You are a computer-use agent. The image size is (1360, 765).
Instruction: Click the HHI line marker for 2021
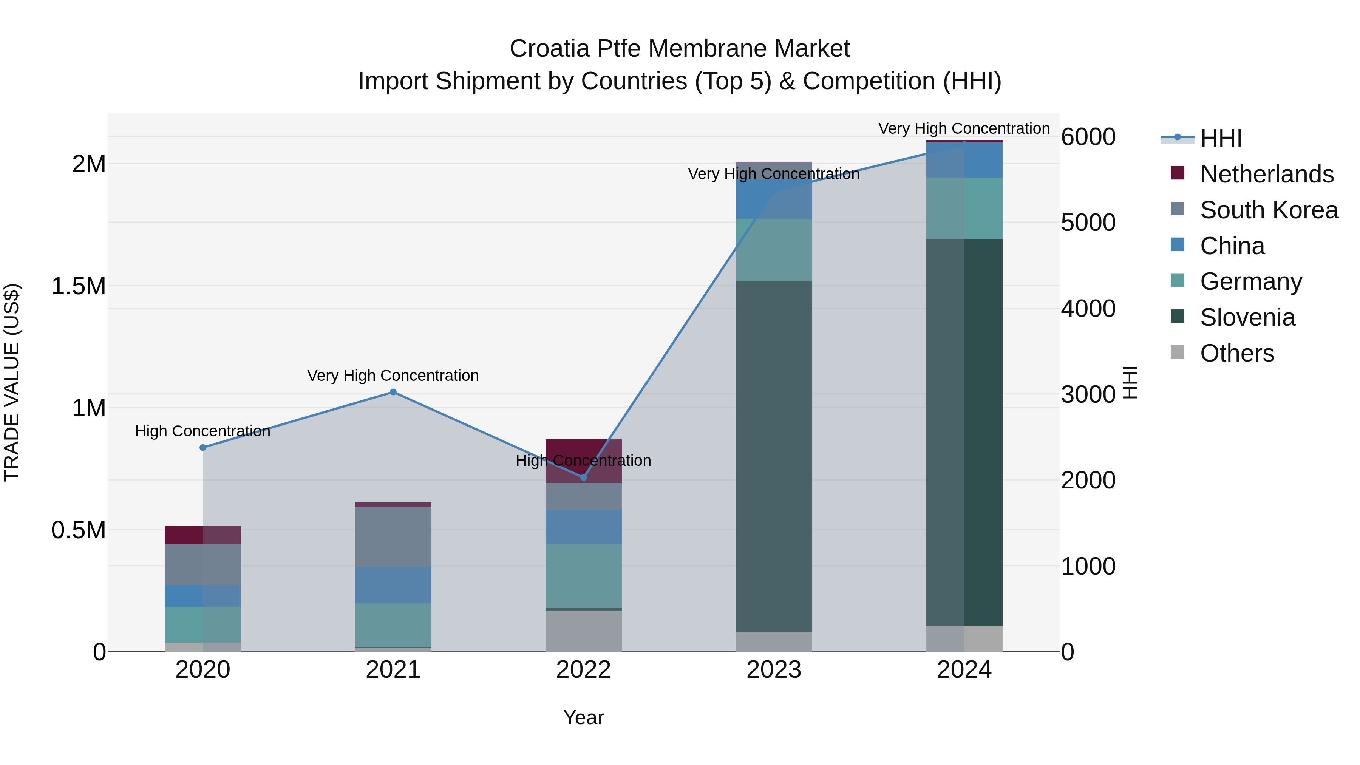coord(393,392)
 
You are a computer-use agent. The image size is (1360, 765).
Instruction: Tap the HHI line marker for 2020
coord(203,447)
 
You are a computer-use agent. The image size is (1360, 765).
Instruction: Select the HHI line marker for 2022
coord(583,477)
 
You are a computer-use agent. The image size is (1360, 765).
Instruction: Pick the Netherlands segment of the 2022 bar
coord(583,454)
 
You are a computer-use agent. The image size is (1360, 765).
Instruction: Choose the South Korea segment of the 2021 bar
coord(393,537)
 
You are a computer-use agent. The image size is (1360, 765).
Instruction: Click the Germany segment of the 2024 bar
coord(964,208)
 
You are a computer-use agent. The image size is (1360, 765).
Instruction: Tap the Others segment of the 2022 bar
coord(583,631)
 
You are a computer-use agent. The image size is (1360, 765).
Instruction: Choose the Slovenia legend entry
coord(1247,317)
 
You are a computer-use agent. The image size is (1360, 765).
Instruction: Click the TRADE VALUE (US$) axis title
coord(12,382)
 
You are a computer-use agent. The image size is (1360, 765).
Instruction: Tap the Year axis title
coord(583,717)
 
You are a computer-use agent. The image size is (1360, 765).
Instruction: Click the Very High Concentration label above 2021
coord(393,376)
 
